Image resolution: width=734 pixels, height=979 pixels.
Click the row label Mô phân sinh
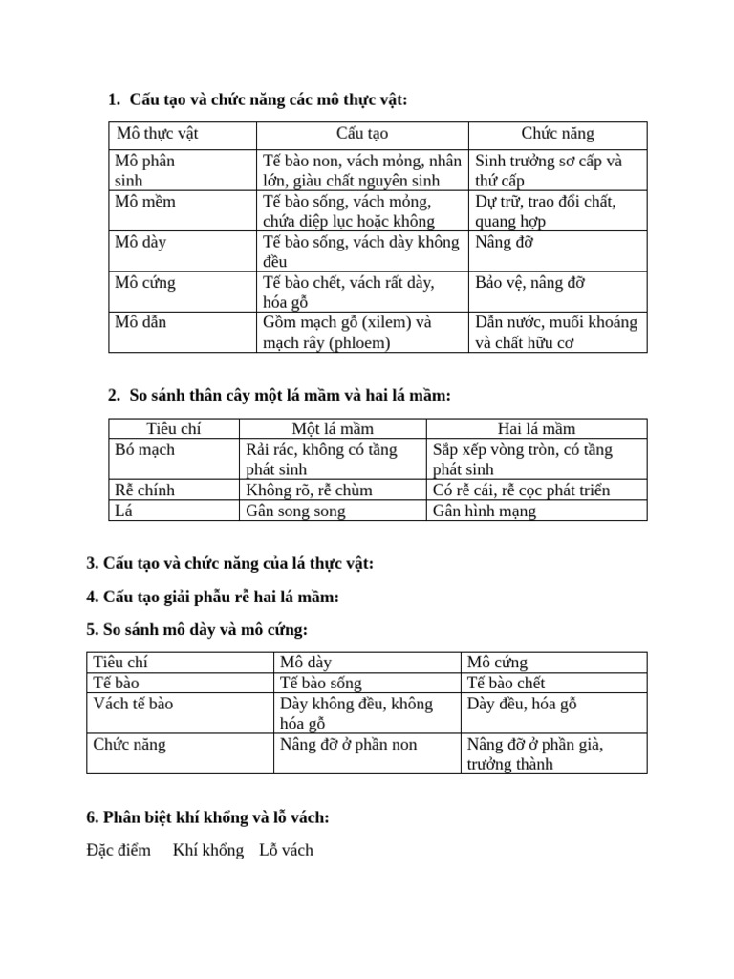144,170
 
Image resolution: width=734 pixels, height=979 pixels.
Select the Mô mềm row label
145,202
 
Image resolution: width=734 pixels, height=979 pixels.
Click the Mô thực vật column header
158,134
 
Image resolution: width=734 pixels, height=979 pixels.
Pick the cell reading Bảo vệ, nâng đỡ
530,282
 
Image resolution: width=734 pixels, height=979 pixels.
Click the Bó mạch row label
144,449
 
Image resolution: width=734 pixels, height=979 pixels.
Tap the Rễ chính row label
144,490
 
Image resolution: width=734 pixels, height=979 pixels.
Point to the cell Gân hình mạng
485,511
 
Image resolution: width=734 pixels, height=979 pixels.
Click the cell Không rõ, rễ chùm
309,490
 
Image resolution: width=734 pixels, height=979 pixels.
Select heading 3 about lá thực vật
229,563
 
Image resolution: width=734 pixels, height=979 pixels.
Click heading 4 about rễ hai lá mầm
212,598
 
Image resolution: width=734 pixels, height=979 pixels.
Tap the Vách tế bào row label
133,704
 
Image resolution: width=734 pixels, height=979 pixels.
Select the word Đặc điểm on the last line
119,850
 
